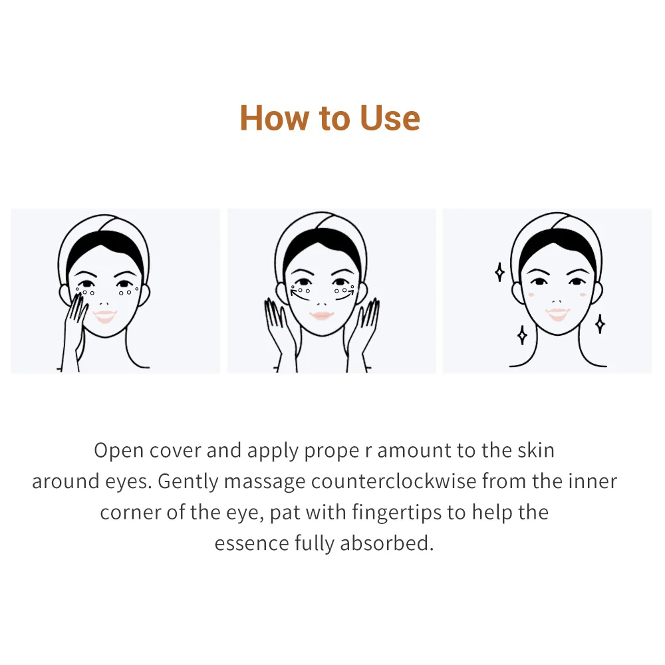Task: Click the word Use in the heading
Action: (x=390, y=118)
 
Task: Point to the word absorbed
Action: (x=387, y=543)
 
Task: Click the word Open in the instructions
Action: (x=119, y=450)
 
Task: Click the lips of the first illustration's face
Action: (x=104, y=316)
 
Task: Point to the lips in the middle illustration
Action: (x=321, y=315)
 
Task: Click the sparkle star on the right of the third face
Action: (x=599, y=324)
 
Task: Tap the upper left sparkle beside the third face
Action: (x=499, y=272)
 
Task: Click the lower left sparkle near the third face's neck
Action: (x=522, y=334)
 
